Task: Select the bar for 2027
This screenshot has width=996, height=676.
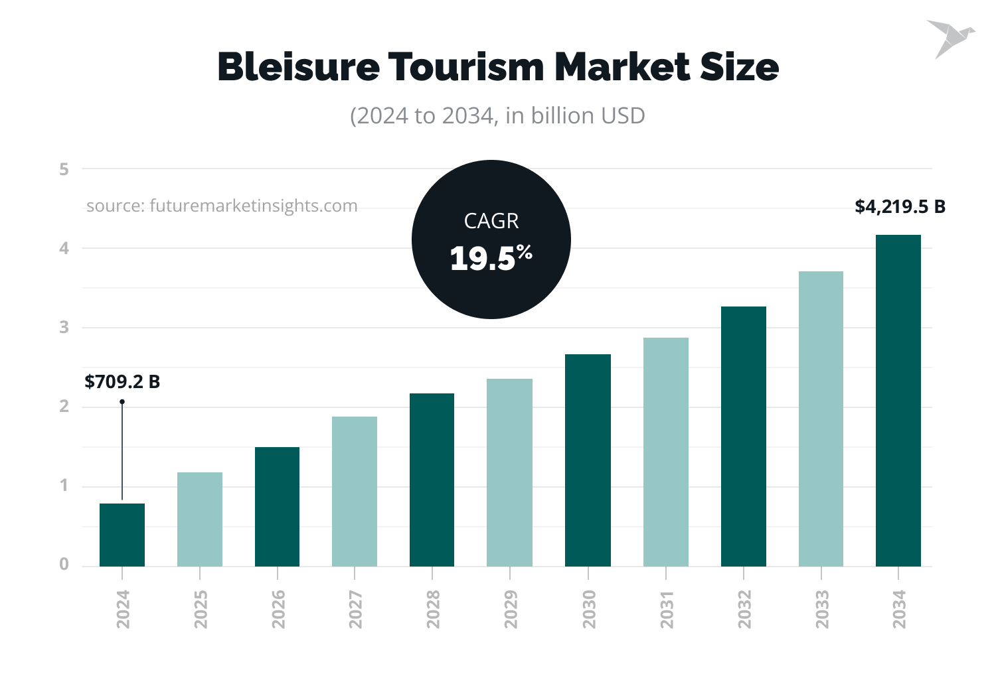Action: point(355,492)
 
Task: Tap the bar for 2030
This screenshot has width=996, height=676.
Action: point(588,460)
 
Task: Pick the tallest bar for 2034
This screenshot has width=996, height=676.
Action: point(898,401)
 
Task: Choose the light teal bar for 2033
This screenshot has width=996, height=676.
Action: point(821,419)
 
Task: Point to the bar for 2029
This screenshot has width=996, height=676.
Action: point(509,472)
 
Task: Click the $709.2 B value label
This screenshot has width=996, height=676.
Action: point(122,382)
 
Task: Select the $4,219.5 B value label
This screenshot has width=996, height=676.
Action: point(900,207)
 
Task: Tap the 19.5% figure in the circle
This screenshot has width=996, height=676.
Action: point(491,258)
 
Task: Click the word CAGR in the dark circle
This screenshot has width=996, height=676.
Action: point(491,221)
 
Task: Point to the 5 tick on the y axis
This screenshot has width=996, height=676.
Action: point(64,169)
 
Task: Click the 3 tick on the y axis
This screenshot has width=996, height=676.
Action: point(64,327)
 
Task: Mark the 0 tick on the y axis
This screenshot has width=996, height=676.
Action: point(64,565)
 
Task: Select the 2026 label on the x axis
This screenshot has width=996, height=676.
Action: point(278,609)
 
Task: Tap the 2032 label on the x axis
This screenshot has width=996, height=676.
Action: point(744,609)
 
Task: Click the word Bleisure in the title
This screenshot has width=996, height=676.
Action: point(298,67)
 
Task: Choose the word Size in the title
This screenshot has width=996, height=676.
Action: point(739,67)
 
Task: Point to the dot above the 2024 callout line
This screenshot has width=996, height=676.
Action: point(122,401)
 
